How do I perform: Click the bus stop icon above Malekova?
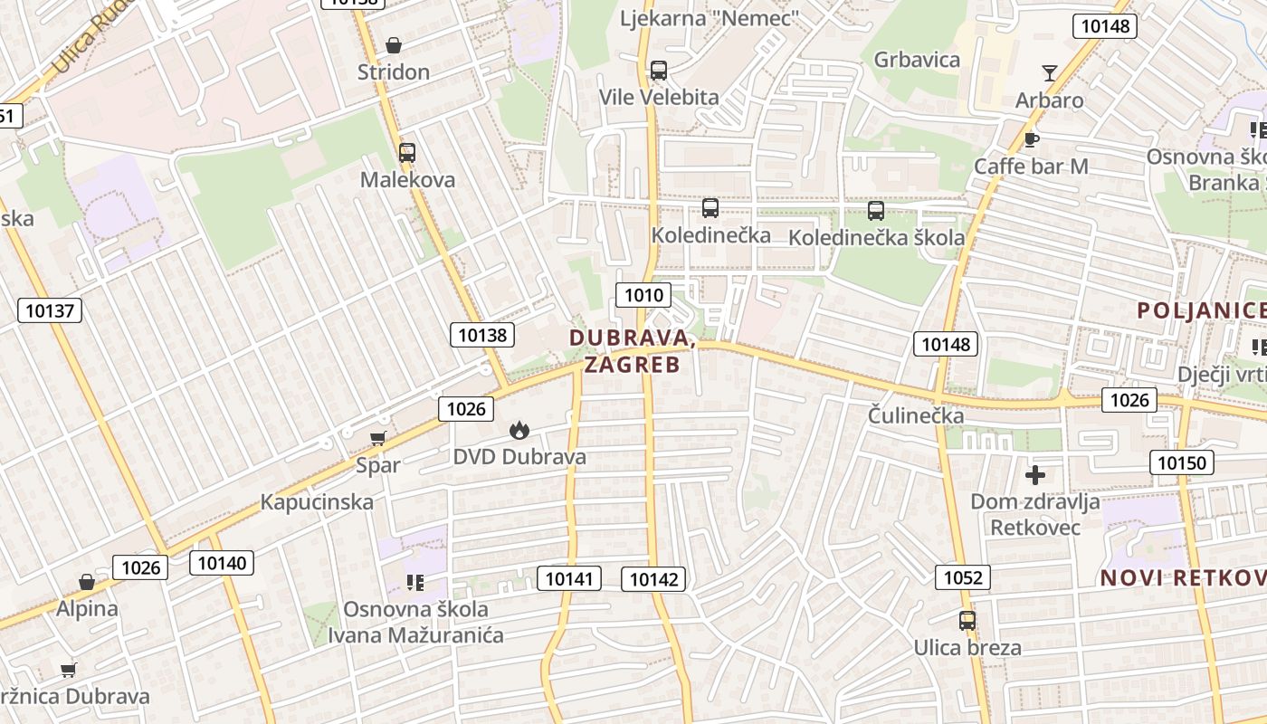point(407,153)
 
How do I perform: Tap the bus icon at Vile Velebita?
point(659,70)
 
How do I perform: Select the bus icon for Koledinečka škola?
point(875,211)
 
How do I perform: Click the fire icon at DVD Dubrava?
point(519,430)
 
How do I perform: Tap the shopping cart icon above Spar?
point(377,439)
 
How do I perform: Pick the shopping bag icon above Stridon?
point(394,45)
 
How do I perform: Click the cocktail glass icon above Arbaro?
point(1050,72)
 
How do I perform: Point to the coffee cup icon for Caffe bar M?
point(1031,139)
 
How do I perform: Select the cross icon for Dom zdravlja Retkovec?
point(1035,474)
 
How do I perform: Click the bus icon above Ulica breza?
point(967,621)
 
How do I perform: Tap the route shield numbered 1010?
point(643,294)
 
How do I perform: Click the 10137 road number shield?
point(50,310)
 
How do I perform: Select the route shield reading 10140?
point(222,563)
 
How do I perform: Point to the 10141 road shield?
point(569,577)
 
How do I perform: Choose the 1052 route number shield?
point(963,577)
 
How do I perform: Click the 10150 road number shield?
point(1182,462)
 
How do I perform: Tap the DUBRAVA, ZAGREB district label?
point(633,351)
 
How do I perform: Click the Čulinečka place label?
point(916,417)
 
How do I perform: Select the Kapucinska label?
point(317,502)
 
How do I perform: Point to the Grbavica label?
point(917,60)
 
